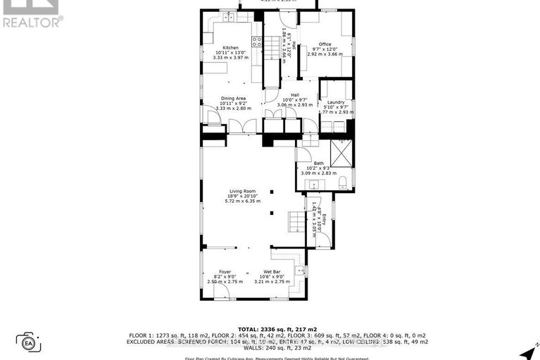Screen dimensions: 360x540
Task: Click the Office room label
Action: [x=325, y=44]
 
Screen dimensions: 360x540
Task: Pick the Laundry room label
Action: [x=336, y=102]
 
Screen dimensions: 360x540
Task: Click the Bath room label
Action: [x=319, y=163]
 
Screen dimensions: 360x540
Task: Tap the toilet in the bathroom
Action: [x=343, y=183]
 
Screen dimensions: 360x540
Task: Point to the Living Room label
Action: [x=241, y=191]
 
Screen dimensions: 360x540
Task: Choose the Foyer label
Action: [x=225, y=272]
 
